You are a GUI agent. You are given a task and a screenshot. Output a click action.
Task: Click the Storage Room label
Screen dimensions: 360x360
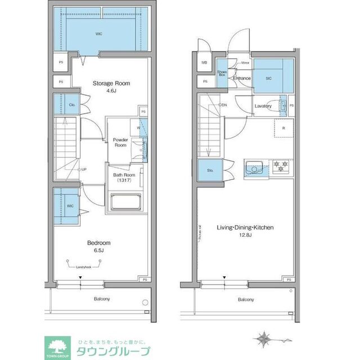[111, 83]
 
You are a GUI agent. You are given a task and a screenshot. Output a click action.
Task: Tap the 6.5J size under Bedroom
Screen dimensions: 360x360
[98, 250]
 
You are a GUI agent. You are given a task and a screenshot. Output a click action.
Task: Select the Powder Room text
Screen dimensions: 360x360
[120, 142]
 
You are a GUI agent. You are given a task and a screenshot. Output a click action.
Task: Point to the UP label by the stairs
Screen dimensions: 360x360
[83, 169]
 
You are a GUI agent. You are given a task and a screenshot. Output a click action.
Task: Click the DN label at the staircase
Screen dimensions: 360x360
[223, 105]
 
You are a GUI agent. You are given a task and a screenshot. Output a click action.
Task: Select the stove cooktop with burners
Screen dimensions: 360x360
[281, 167]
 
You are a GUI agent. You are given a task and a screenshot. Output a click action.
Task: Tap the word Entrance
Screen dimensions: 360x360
[242, 79]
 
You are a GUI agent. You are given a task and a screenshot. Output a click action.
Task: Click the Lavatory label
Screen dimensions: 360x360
[263, 106]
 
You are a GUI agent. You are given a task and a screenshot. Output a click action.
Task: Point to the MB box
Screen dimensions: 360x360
[204, 62]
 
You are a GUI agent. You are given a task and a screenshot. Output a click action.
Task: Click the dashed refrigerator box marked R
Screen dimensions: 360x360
[283, 128]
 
